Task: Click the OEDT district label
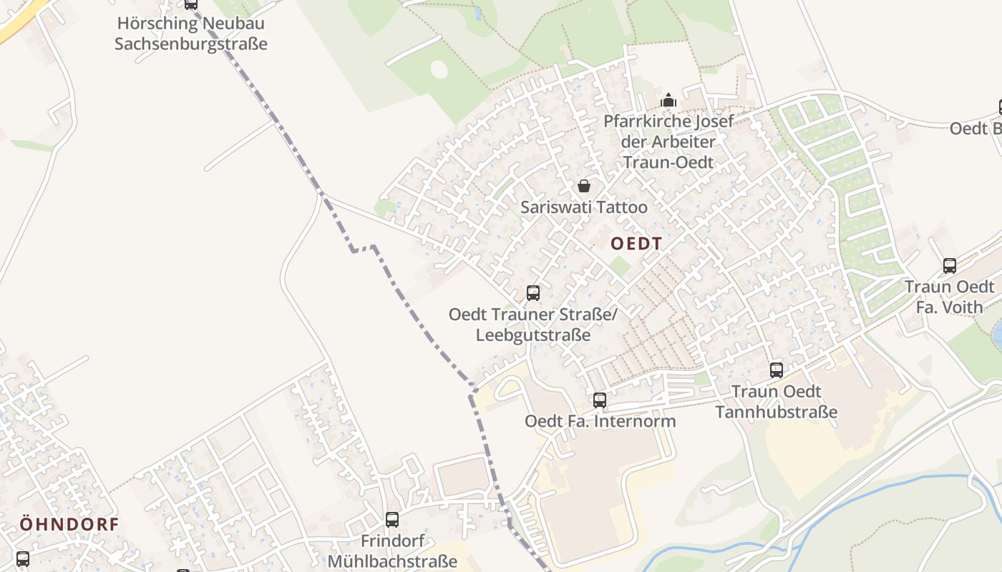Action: point(636,244)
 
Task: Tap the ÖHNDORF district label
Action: point(69,524)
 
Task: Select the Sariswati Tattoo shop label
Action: point(584,207)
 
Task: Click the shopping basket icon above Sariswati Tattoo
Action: point(584,187)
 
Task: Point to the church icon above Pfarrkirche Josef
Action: point(668,100)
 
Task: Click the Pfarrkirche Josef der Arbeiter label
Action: point(668,142)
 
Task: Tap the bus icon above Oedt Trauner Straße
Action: point(533,293)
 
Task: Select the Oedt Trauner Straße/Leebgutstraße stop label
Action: point(533,325)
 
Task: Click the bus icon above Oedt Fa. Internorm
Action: point(600,400)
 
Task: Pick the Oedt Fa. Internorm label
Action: point(600,421)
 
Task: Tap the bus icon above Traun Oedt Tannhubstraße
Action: point(777,370)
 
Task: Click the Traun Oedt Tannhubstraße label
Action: point(777,402)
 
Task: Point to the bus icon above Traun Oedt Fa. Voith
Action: point(950,266)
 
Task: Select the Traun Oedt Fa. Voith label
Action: point(950,297)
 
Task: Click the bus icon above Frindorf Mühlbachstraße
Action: point(392,520)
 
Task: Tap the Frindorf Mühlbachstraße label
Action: point(392,551)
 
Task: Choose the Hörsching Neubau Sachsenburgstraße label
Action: point(191,33)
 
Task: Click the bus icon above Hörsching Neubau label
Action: point(191,4)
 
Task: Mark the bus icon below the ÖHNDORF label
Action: point(23,559)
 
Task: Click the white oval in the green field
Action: point(439,69)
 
